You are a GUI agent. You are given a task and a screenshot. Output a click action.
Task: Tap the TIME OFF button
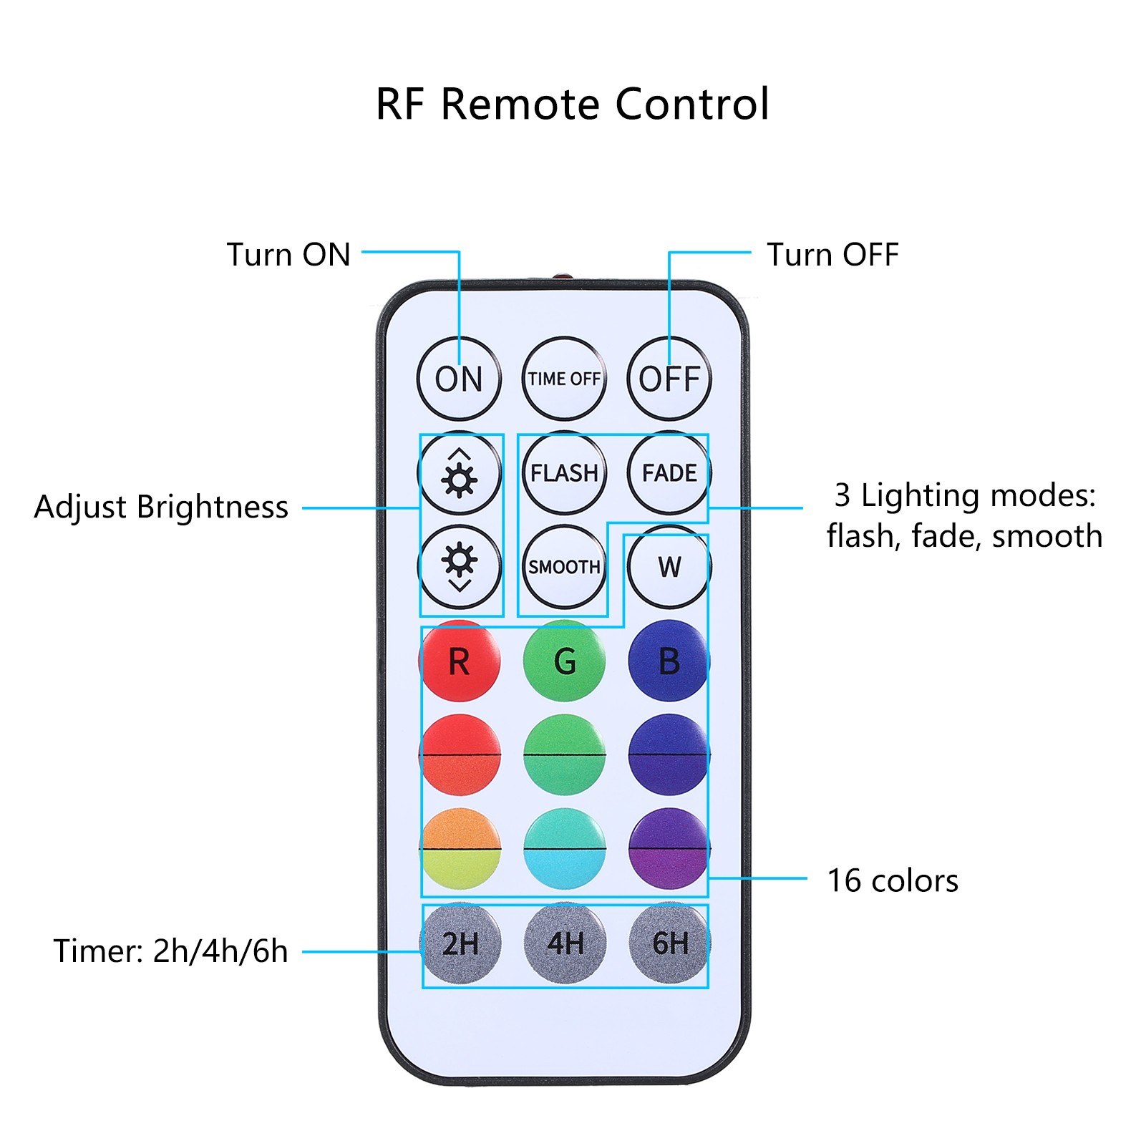tap(564, 379)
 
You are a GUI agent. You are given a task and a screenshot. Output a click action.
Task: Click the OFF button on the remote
tap(669, 379)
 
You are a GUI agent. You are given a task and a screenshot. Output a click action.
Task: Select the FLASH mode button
tap(564, 472)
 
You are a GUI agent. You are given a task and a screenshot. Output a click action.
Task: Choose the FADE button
tap(669, 472)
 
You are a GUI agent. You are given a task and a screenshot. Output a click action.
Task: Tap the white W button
tap(669, 567)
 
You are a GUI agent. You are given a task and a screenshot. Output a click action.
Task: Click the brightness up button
tap(460, 472)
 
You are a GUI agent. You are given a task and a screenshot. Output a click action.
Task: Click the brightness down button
tap(460, 567)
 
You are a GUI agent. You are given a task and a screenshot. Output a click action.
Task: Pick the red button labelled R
tap(460, 661)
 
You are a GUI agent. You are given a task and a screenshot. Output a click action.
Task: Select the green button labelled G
tap(564, 661)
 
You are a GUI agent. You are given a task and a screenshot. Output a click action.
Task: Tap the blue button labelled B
tap(669, 661)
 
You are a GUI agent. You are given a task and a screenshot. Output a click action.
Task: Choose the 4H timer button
tap(565, 943)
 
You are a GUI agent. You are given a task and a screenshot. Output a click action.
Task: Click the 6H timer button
tap(670, 943)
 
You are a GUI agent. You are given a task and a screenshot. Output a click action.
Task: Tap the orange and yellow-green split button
tap(460, 849)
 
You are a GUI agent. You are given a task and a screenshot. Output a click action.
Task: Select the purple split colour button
tap(669, 849)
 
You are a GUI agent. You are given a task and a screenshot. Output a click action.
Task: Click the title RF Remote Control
tap(573, 104)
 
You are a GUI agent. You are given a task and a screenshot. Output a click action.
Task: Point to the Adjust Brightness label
tap(161, 507)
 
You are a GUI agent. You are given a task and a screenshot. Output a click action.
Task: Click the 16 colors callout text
tap(893, 880)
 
